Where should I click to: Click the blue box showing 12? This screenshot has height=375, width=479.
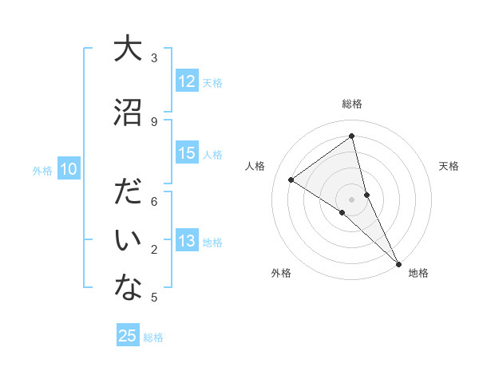[x=187, y=81]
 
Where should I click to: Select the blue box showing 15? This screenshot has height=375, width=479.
[x=187, y=153]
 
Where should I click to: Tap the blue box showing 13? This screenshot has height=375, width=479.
[x=187, y=242]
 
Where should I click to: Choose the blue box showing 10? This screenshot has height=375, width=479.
[x=69, y=169]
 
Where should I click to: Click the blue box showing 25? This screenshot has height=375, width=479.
[x=128, y=336]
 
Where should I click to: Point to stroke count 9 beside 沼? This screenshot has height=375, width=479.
[x=154, y=121]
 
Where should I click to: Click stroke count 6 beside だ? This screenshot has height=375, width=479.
[x=154, y=201]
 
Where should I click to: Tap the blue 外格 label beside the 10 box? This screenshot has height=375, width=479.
[x=42, y=170]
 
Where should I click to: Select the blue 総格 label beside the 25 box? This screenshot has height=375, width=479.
[x=153, y=337]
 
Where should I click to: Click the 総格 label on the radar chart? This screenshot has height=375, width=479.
[x=351, y=104]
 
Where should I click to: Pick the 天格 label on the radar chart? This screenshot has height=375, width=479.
[x=449, y=166]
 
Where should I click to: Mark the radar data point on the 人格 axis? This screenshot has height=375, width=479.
[x=291, y=180]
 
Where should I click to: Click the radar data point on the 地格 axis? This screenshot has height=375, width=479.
[x=398, y=263]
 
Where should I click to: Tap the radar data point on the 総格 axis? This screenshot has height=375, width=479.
[x=351, y=136]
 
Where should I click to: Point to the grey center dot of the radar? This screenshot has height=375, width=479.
[x=351, y=198]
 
